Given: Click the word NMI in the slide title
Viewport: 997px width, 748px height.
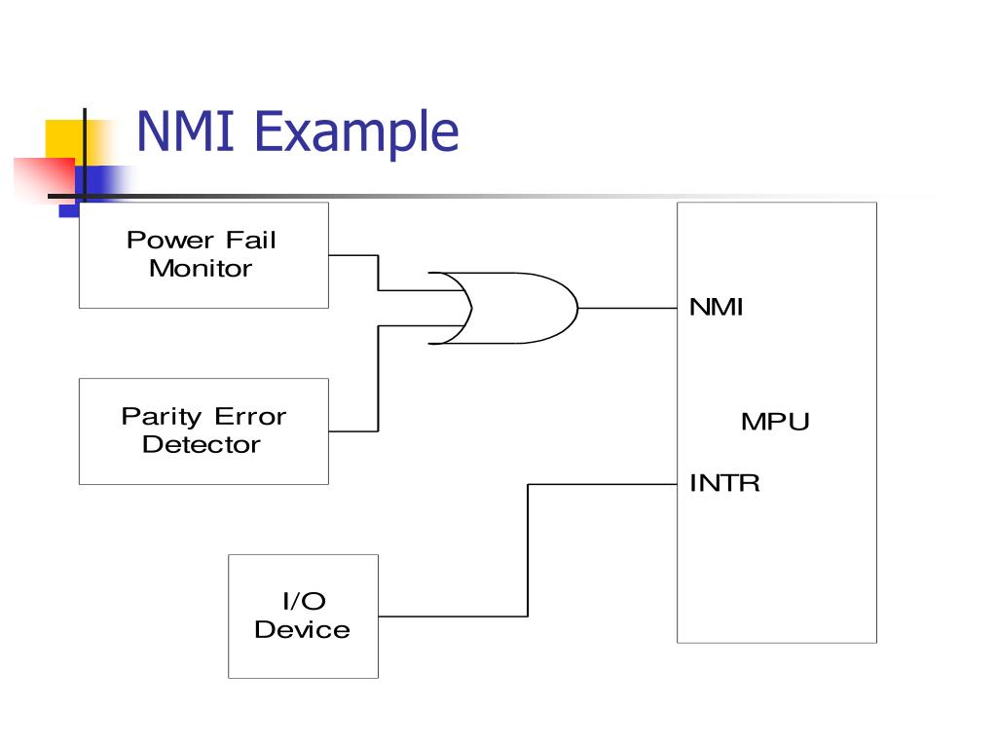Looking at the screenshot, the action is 186,131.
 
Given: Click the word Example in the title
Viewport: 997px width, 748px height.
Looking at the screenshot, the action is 356,132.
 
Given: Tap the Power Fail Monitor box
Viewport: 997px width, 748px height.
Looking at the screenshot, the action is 203,255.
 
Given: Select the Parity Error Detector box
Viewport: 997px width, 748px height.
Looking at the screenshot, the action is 203,431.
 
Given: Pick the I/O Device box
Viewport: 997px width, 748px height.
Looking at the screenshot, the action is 304,617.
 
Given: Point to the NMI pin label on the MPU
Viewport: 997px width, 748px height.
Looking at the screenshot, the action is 716,307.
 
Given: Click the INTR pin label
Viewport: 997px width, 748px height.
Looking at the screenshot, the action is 724,483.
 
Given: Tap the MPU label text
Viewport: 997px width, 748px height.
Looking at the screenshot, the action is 775,422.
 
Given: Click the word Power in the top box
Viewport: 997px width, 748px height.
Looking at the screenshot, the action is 170,241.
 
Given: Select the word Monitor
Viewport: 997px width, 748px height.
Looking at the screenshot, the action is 201,269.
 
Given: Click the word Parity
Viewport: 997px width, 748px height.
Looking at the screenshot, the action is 162,417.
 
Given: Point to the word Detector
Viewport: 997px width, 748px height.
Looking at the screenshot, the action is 202,444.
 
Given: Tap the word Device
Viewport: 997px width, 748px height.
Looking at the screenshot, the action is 303,630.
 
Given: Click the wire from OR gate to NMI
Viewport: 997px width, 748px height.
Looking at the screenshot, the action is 628,309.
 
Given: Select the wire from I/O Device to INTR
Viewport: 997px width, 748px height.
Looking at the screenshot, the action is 528,550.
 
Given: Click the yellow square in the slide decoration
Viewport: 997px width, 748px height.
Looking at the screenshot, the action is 65,140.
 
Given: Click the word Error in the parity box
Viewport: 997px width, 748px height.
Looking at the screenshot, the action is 250,417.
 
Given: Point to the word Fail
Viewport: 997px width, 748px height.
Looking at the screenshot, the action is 251,241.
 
